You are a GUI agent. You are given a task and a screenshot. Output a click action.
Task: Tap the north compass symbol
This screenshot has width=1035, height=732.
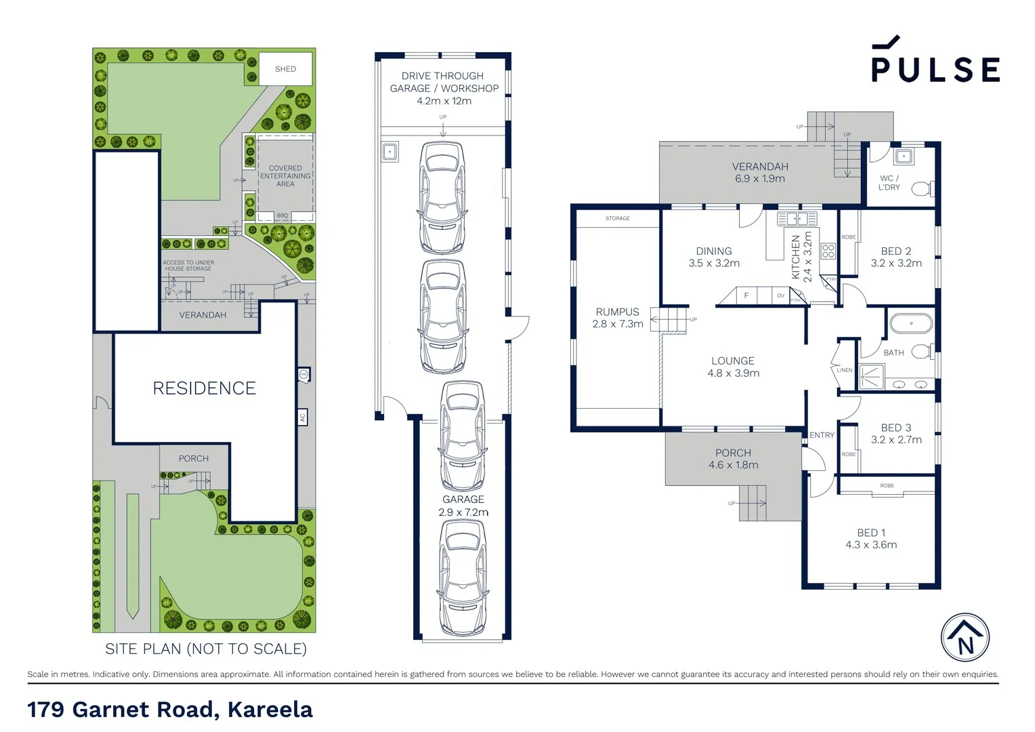965,638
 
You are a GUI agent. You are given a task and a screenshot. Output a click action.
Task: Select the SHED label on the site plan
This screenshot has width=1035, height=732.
285,69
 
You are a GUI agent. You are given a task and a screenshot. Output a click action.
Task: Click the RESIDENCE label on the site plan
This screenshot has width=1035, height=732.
204,388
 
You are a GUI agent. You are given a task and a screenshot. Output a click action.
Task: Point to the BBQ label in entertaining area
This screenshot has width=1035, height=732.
282,216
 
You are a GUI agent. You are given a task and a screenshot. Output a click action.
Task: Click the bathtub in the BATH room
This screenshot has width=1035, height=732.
910,323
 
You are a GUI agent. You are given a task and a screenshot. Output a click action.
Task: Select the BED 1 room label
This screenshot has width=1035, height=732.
871,533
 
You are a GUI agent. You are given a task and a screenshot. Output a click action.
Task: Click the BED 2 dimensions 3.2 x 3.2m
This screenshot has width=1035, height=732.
895,264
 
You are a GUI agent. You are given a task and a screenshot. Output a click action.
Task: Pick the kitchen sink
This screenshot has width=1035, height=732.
797,218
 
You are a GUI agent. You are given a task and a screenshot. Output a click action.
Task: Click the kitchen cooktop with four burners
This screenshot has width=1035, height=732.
828,251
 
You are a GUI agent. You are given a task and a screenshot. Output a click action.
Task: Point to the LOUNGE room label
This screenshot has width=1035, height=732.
732,361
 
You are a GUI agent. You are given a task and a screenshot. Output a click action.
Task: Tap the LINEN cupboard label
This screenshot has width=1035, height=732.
844,370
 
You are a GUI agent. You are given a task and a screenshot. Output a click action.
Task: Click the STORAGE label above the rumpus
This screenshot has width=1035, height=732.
617,218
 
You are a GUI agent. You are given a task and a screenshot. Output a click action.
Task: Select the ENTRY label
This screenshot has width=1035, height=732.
822,435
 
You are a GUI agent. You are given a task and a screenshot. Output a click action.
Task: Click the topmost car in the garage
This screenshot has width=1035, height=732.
442,197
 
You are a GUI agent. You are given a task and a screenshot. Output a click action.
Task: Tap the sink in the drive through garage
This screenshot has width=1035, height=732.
389,151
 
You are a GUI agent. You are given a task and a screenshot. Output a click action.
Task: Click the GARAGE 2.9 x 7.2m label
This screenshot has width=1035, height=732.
463,506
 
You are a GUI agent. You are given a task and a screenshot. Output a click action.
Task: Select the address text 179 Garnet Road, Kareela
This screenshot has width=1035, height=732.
170,710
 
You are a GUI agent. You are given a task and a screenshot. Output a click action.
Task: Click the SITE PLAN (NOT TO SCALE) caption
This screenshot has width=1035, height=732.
206,649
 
